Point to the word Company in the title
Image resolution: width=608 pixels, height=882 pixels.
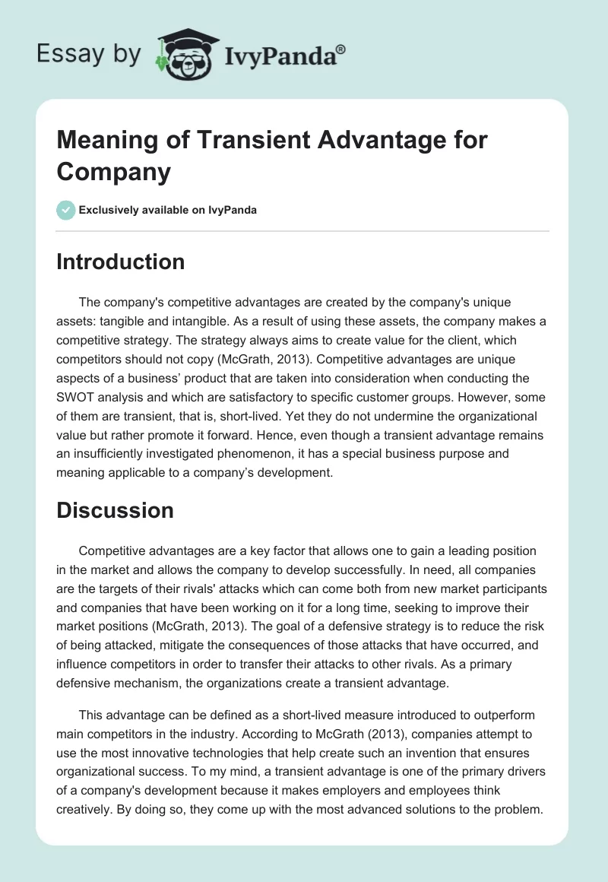pos(113,172)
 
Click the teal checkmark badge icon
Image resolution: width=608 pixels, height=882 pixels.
pos(66,210)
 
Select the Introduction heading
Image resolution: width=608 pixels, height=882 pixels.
pos(120,262)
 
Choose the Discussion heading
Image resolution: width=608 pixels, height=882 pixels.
pos(115,510)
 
